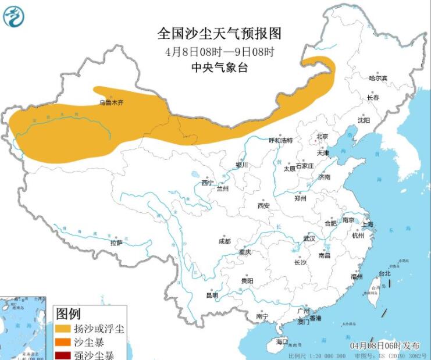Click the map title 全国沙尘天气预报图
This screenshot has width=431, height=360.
click(x=219, y=33)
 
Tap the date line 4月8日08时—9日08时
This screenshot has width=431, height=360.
click(x=219, y=52)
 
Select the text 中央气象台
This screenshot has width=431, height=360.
click(x=219, y=68)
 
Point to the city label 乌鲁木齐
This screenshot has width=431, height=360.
click(x=111, y=103)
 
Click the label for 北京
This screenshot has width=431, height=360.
click(x=322, y=136)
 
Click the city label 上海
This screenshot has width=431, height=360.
click(x=368, y=224)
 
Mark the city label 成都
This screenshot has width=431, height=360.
click(x=224, y=241)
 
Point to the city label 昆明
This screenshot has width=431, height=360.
click(x=212, y=295)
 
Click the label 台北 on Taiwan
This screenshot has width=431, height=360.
click(x=384, y=273)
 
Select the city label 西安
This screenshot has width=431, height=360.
click(x=263, y=205)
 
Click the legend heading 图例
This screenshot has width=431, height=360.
click(x=69, y=314)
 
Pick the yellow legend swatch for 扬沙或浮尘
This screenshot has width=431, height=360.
click(x=62, y=329)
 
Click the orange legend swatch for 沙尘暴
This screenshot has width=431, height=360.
click(x=62, y=343)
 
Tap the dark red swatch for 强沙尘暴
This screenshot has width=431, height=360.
click(x=62, y=355)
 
